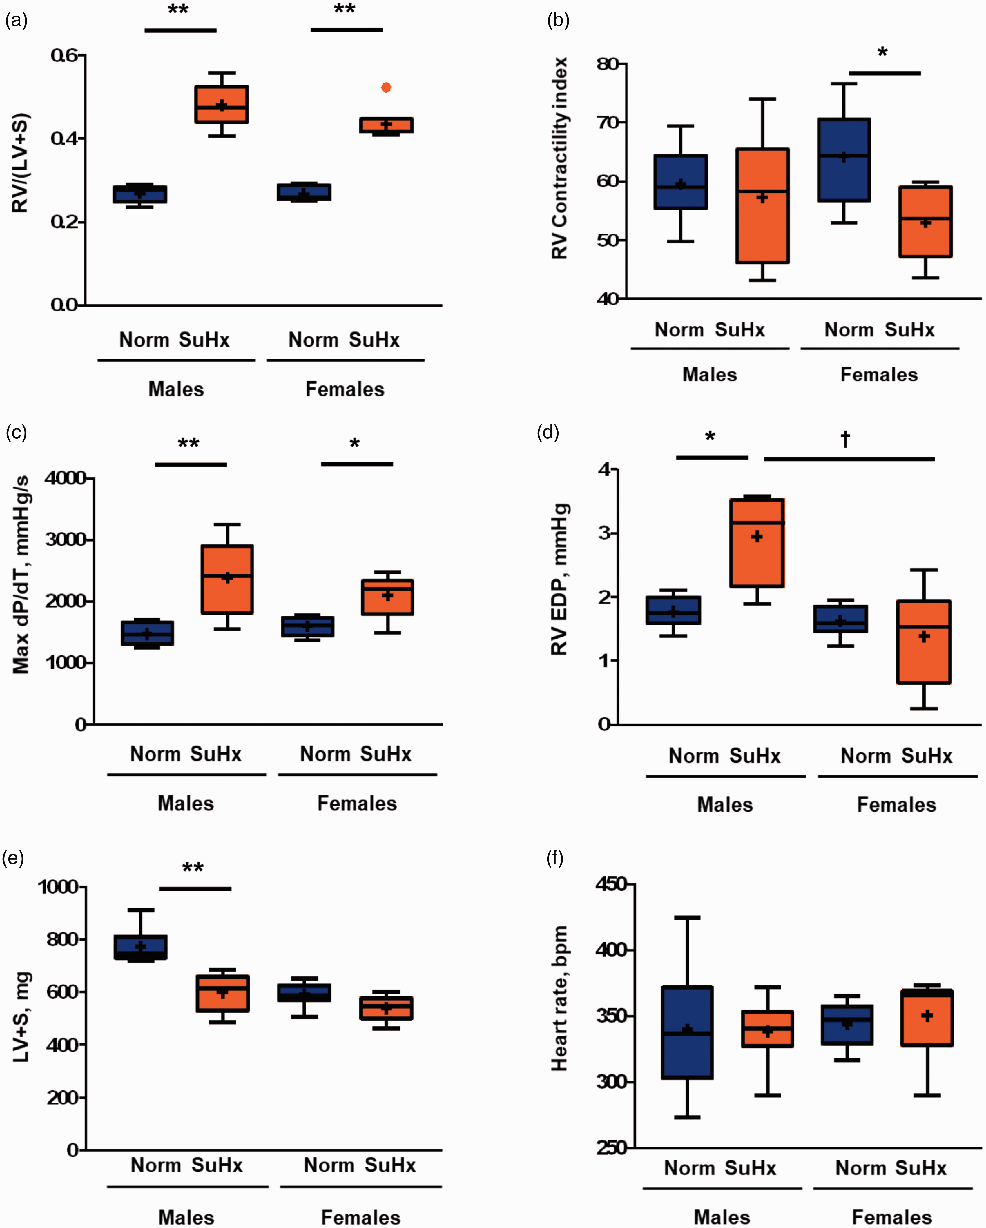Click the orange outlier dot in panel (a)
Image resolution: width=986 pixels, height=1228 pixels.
(x=386, y=87)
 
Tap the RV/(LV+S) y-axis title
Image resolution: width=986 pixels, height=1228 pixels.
(x=20, y=163)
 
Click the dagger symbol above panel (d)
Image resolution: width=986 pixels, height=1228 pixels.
(x=845, y=439)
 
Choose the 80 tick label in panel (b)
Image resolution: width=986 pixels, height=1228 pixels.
(x=608, y=64)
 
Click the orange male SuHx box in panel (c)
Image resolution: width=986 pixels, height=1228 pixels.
(x=227, y=579)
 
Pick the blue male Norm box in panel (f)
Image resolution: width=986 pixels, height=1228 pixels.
(x=687, y=1032)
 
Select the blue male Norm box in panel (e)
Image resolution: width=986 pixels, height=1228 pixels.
(x=140, y=947)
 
